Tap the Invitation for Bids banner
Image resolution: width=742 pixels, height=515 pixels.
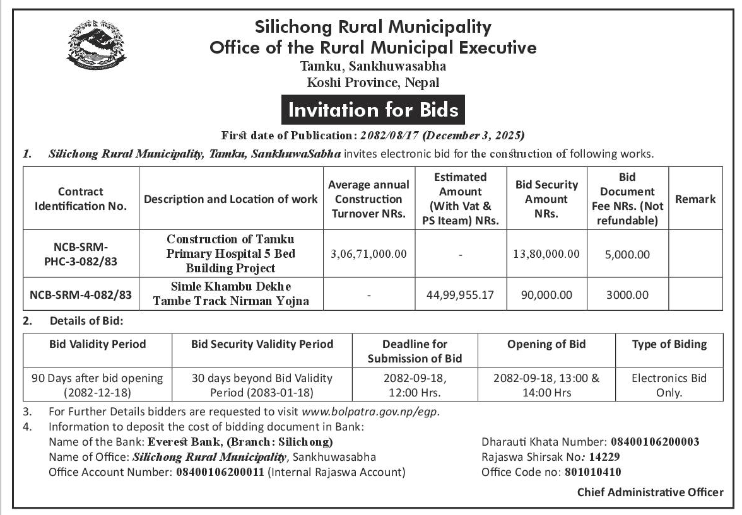point(373,110)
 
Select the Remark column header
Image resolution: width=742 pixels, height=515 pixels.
point(695,199)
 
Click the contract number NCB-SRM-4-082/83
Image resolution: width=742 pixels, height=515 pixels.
point(80,294)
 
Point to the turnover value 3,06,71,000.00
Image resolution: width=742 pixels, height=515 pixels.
point(369,254)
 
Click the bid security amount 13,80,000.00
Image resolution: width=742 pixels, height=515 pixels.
point(546,254)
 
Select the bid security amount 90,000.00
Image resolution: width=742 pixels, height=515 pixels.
point(546,294)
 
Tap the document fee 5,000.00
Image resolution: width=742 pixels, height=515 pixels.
point(627,254)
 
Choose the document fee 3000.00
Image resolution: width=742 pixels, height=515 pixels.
point(627,294)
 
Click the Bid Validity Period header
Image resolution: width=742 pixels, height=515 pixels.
point(97,344)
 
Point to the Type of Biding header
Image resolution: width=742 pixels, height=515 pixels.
point(669,344)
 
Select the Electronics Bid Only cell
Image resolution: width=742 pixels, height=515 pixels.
point(669,385)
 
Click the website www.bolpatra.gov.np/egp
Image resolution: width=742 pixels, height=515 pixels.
point(370,412)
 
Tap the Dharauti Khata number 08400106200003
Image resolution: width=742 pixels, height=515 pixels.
point(656,443)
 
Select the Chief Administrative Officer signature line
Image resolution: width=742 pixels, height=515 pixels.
point(651,493)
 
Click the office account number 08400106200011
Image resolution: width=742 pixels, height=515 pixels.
point(220,472)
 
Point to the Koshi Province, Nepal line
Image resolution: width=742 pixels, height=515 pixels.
point(372,83)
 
